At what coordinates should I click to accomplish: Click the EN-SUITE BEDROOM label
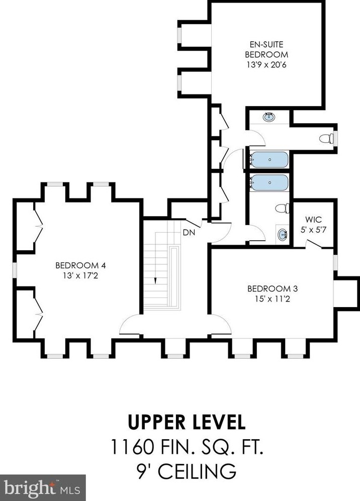pyautogui.click(x=266, y=49)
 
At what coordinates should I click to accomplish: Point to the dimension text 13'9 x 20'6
pyautogui.click(x=266, y=64)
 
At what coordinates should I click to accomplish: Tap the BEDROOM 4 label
pyautogui.click(x=80, y=265)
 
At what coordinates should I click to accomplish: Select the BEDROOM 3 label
pyautogui.click(x=273, y=288)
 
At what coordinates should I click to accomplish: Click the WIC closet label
pyautogui.click(x=313, y=220)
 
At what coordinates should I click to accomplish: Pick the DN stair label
pyautogui.click(x=189, y=232)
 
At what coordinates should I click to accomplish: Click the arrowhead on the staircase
pyautogui.click(x=155, y=280)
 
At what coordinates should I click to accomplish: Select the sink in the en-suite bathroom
pyautogui.click(x=269, y=117)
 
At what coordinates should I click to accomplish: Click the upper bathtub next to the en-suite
pyautogui.click(x=268, y=159)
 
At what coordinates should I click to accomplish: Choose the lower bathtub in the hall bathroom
pyautogui.click(x=268, y=182)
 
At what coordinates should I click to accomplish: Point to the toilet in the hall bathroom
pyautogui.click(x=282, y=209)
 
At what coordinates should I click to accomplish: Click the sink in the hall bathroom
pyautogui.click(x=283, y=235)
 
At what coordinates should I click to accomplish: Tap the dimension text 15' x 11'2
pyautogui.click(x=273, y=299)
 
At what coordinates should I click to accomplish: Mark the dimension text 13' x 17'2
pyautogui.click(x=80, y=275)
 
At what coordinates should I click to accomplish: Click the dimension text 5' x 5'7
pyautogui.click(x=313, y=230)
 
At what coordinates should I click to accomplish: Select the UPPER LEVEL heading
pyautogui.click(x=187, y=422)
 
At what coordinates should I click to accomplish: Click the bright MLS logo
pyautogui.click(x=42, y=488)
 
